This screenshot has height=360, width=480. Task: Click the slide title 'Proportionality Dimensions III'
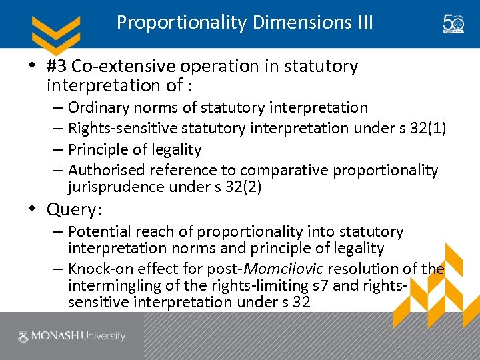tap(245, 23)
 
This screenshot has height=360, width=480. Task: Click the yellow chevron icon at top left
tap(56, 31)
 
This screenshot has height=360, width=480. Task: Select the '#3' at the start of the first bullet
tap(57, 67)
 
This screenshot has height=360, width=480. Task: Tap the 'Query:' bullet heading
tap(74, 210)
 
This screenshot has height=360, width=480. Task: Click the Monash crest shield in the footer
tap(23, 336)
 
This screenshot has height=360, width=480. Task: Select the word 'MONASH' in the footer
tap(57, 336)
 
